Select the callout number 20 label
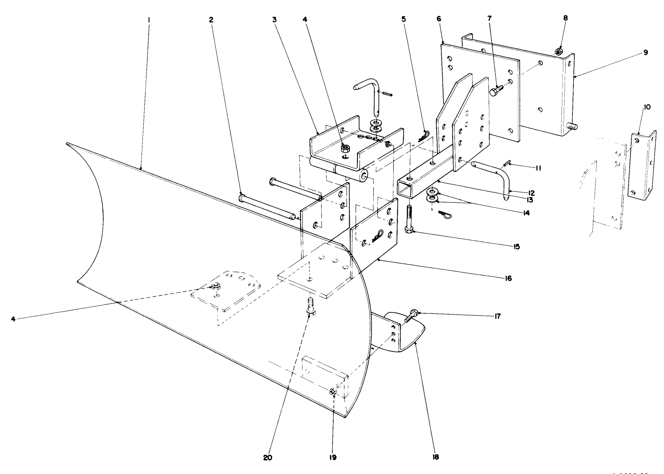coord(268,457)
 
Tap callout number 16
coord(508,278)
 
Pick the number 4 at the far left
coord(14,319)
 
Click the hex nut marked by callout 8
coord(559,52)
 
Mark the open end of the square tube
coord(407,187)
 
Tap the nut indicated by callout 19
coord(332,392)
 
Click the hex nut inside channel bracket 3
coord(346,148)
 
